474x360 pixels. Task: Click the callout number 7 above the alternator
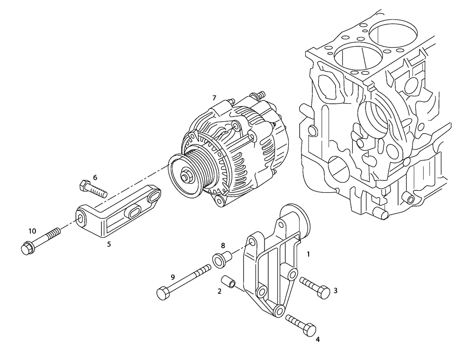tap(214, 98)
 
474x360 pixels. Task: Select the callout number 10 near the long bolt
tap(32, 231)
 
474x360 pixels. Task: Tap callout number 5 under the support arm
tap(109, 244)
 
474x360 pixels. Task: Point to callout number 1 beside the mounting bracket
tap(308, 254)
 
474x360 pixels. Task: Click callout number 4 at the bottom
tap(318, 339)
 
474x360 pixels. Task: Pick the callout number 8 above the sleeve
tap(222, 245)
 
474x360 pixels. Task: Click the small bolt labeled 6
tap(95, 189)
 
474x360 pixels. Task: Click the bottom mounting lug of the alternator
tap(219, 201)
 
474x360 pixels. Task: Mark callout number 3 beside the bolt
tap(335, 290)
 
